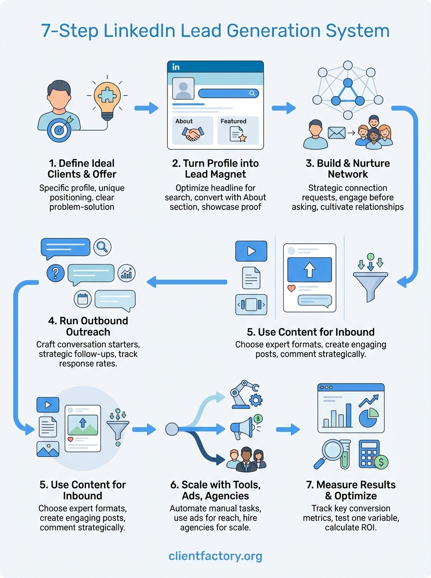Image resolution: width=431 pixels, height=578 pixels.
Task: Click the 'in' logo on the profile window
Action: point(176,67)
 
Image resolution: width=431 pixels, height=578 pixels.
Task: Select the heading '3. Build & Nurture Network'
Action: point(347,169)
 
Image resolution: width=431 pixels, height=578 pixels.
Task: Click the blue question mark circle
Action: point(56,273)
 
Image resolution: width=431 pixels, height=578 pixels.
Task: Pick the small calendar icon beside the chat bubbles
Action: point(82,299)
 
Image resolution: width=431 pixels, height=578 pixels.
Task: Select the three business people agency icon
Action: point(245,459)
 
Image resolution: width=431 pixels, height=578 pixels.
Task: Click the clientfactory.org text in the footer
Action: point(215,556)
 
